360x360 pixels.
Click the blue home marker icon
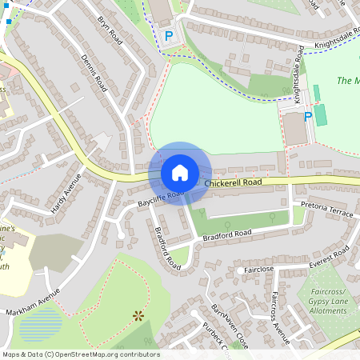pos(180,172)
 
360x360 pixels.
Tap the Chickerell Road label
pos(233,183)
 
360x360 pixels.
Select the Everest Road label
pos(330,257)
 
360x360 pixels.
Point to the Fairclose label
pos(258,270)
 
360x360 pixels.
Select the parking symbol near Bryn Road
pos(168,36)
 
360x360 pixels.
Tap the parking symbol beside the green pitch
pos(307,117)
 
